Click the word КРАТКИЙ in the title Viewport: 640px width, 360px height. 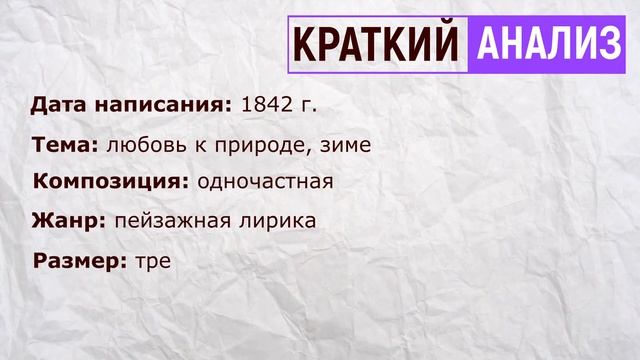point(377,46)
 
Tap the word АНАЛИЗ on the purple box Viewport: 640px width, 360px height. point(545,46)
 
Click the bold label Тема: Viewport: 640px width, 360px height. point(65,145)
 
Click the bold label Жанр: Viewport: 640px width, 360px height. point(69,221)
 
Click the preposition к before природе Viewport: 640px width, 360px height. point(198,145)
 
